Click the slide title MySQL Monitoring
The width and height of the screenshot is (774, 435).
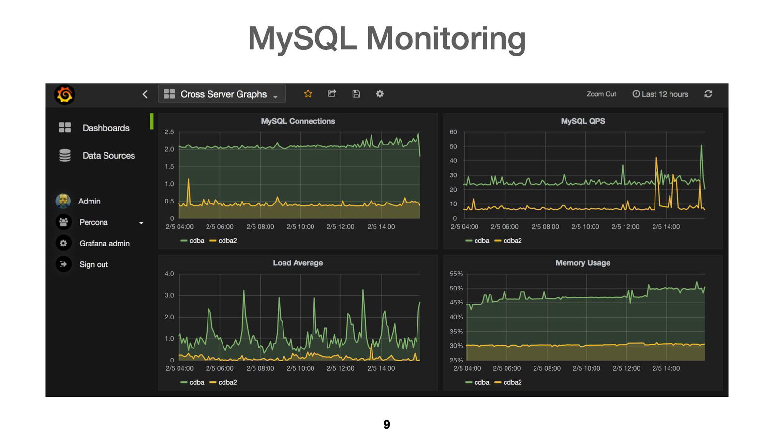coord(387,38)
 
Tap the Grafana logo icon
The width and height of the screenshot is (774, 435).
coord(64,95)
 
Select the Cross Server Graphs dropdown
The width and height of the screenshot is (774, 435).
coord(222,94)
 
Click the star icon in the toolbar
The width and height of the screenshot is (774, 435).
coord(308,94)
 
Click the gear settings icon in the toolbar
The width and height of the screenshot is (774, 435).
coord(380,94)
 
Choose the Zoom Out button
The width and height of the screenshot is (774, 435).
coord(601,94)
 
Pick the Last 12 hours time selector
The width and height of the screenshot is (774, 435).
coord(660,94)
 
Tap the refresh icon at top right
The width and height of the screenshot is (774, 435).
coord(708,94)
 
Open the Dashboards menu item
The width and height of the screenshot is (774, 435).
coord(105,128)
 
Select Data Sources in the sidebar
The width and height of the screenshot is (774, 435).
coord(108,156)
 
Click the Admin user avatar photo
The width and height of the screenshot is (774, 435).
coord(63,201)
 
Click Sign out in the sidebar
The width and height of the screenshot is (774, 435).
coord(93,265)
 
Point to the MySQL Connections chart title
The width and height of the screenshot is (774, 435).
coord(298,121)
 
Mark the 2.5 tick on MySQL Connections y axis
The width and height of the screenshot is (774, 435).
coord(169,132)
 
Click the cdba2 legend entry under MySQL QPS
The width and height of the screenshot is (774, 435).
coord(512,241)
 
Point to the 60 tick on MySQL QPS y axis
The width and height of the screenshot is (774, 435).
coord(453,132)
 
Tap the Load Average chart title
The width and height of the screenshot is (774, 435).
coord(298,263)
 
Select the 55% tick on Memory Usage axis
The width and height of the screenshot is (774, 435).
coord(456,274)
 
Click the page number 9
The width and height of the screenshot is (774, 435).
coord(387,424)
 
